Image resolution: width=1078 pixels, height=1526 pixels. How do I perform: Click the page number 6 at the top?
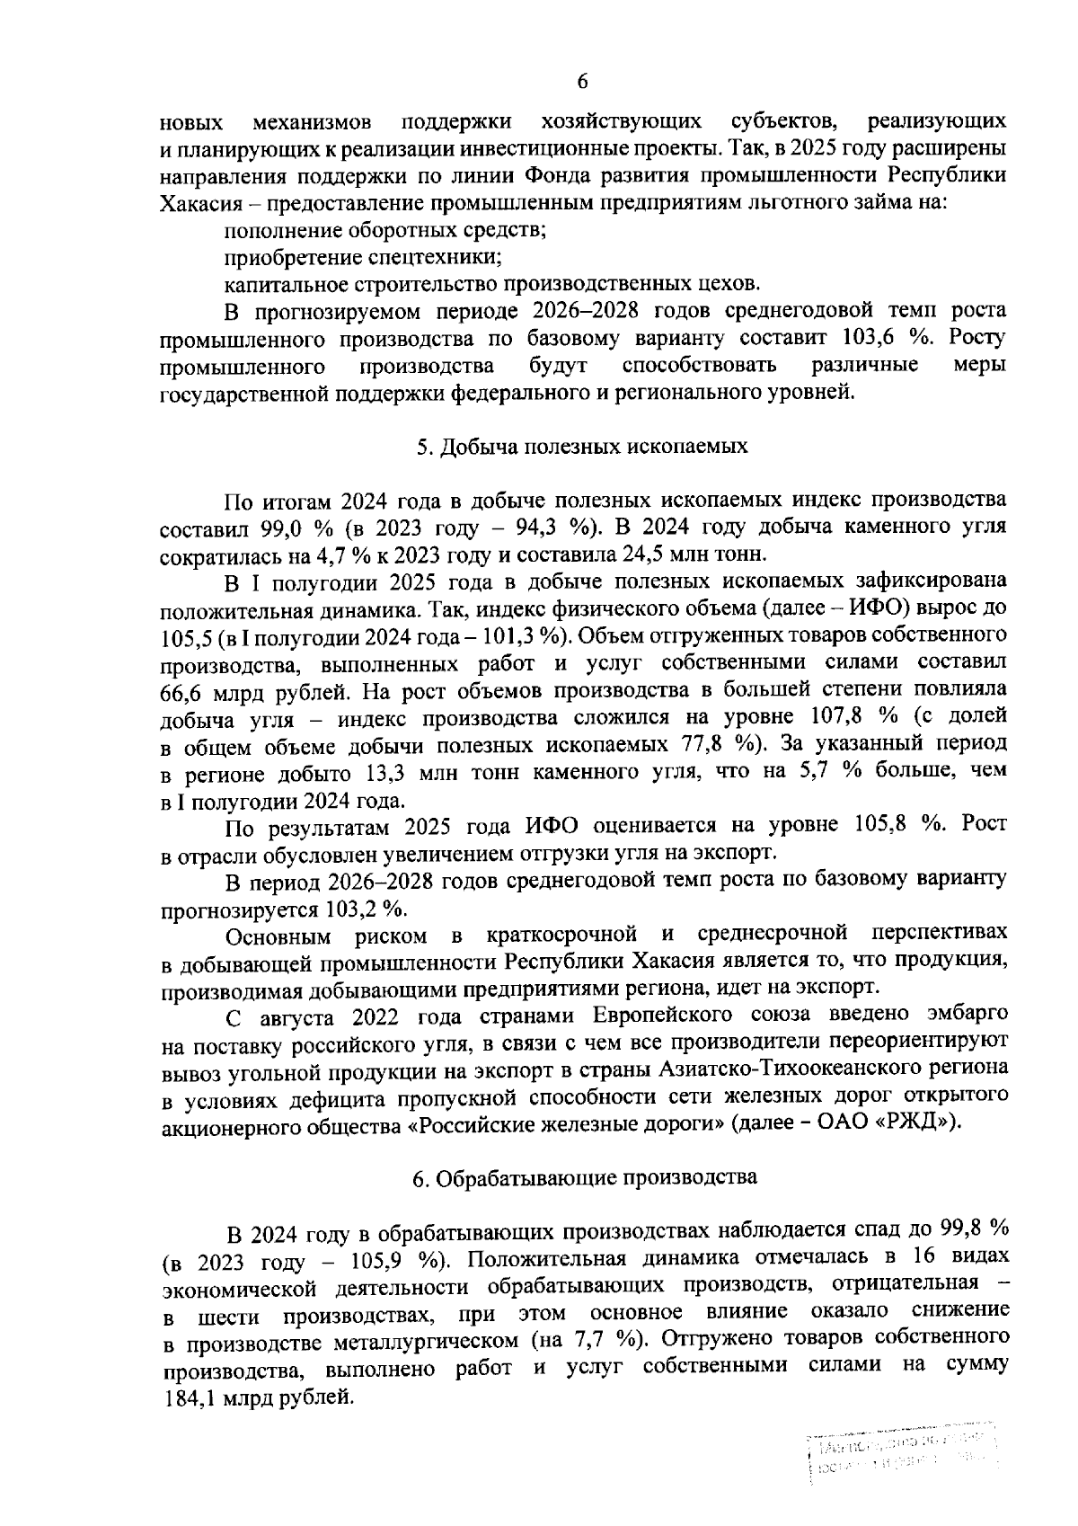581,82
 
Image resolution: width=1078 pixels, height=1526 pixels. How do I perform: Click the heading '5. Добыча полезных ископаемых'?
582,447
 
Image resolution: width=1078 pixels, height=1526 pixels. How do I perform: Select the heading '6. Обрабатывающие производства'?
585,1177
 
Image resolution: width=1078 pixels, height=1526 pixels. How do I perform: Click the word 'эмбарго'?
963,1015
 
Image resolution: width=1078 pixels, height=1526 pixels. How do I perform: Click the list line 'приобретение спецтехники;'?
362,257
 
